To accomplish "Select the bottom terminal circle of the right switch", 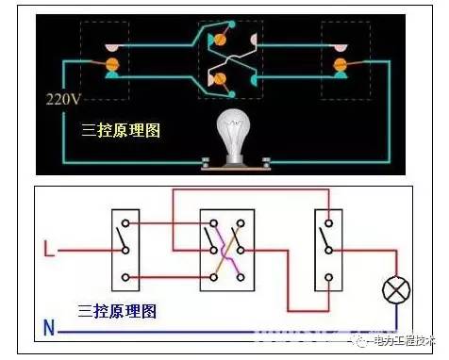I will tap(328, 278).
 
